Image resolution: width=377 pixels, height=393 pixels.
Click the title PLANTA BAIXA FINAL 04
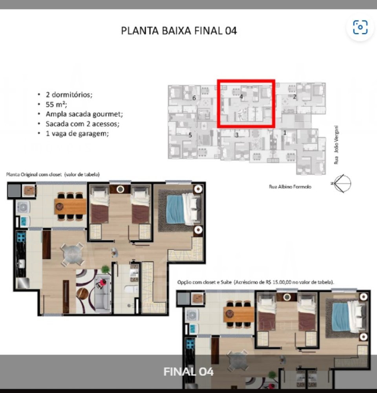point(179,31)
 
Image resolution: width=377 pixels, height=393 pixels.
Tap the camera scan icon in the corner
point(360,27)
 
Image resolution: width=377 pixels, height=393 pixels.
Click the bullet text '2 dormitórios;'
point(69,94)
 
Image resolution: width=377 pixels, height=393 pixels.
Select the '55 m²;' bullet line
point(57,104)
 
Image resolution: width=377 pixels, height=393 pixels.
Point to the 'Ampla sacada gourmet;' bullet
point(84,114)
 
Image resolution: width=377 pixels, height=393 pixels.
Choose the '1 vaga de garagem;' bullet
point(77,133)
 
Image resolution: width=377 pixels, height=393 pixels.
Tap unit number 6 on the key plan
point(194,98)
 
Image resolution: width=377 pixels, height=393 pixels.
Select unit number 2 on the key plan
point(295,97)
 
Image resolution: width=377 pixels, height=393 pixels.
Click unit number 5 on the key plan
point(190,135)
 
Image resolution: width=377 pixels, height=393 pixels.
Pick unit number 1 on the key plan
point(285,132)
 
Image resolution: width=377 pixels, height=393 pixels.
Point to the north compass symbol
point(342,184)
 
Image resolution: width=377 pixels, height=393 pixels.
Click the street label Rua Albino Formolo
point(290,187)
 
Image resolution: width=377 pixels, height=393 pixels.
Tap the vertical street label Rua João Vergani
point(336,145)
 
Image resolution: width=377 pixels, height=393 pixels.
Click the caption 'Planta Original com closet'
point(34,174)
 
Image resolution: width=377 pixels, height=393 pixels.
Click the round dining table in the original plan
point(73,254)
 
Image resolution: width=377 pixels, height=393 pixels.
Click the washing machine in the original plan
point(23,207)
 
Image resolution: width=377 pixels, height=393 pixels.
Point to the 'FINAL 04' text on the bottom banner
point(188,371)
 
